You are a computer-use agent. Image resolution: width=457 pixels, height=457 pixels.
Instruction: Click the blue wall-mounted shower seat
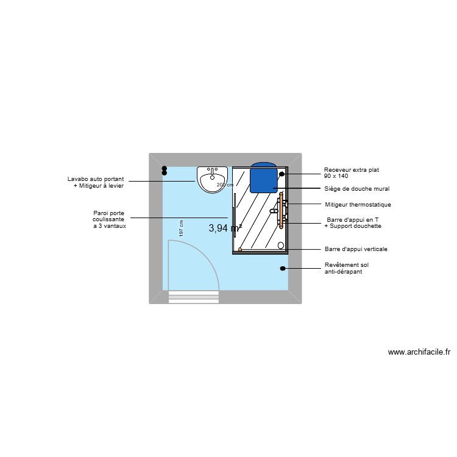(262, 177)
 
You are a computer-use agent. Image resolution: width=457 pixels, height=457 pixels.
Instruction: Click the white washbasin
(213, 180)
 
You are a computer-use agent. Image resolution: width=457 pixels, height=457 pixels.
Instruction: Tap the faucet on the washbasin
(213, 171)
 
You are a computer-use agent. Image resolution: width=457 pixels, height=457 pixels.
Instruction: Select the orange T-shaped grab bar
(281, 211)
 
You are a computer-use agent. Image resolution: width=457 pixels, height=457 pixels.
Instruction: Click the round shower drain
(281, 246)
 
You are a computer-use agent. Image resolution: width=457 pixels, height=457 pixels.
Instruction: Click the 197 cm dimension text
(181, 228)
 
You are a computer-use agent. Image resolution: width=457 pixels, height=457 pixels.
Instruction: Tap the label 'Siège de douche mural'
(356, 189)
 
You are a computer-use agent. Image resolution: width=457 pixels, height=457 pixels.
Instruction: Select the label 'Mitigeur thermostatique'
(358, 205)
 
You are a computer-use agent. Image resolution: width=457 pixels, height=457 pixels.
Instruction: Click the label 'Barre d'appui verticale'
(356, 249)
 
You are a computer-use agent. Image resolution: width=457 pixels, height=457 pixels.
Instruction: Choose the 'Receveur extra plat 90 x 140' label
(347, 172)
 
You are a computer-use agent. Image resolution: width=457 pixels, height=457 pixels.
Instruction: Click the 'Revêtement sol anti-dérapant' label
(346, 268)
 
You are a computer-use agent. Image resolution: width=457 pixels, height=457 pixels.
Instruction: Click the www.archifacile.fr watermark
(419, 352)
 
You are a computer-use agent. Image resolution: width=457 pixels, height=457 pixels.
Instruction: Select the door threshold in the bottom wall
(193, 297)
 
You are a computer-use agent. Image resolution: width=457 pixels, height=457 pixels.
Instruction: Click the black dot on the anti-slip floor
(283, 268)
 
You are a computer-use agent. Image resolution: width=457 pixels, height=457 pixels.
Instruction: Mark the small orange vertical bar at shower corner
(241, 249)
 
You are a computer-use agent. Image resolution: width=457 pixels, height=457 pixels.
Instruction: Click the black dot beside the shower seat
(282, 174)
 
